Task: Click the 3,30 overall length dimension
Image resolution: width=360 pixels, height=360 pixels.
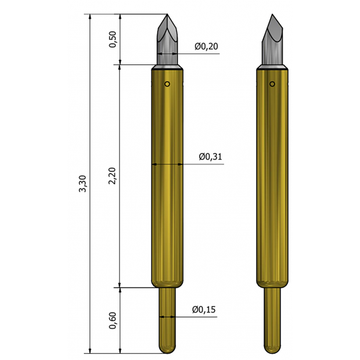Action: (x=82, y=183)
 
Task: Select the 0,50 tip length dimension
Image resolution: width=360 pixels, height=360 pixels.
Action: (x=113, y=39)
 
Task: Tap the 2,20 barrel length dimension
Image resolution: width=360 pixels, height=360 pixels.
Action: (x=113, y=176)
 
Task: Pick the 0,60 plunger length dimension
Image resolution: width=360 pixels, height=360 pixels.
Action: (x=113, y=321)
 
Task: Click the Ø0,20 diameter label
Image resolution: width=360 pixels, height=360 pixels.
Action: (x=206, y=46)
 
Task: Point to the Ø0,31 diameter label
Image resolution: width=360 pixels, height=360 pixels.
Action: (x=211, y=157)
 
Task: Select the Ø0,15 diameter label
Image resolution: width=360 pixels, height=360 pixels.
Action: (x=204, y=309)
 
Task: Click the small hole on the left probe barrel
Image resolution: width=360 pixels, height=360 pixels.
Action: (x=167, y=84)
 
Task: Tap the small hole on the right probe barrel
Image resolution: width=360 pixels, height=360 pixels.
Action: (x=272, y=84)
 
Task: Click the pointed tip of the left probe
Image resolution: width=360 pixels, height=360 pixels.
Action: (x=167, y=15)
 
